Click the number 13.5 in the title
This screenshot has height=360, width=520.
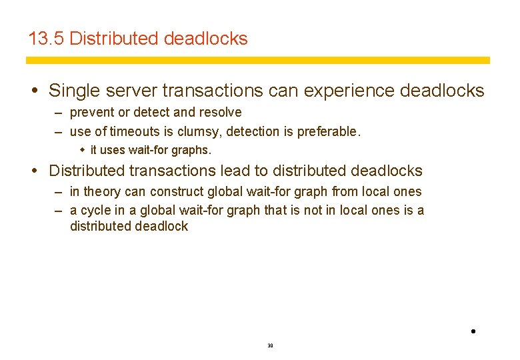(46, 39)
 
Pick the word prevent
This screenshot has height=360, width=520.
(92, 113)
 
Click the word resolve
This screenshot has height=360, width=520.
(221, 113)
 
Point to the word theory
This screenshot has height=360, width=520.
(102, 192)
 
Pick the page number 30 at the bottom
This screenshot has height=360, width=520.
(270, 346)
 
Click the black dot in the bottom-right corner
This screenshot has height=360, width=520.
(472, 331)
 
